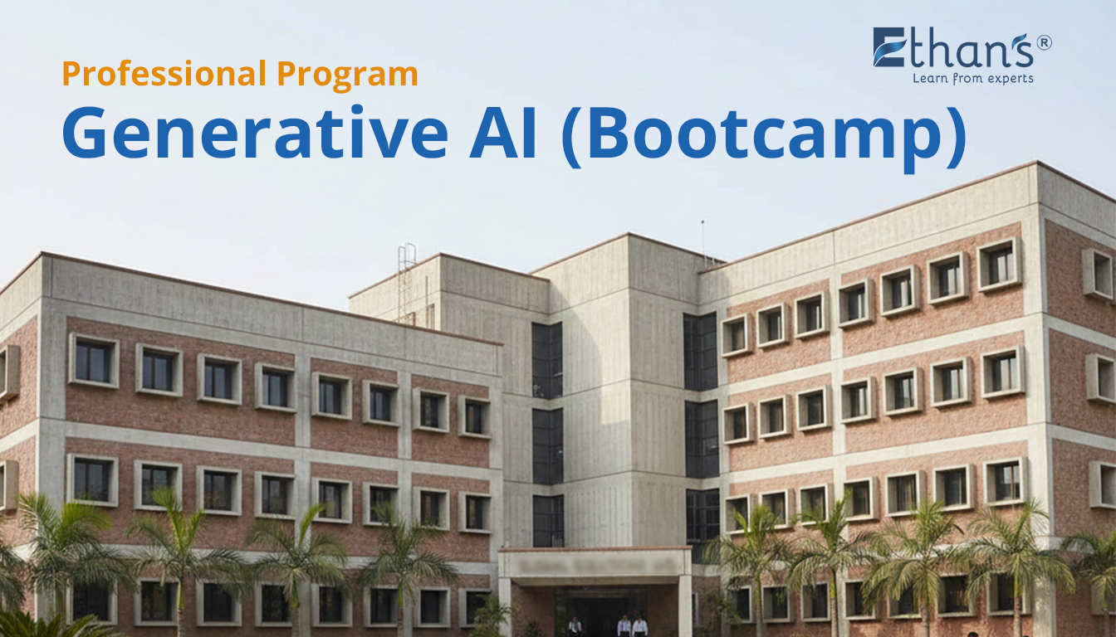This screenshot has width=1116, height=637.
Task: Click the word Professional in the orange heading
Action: [164, 73]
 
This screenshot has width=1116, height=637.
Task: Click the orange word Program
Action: [347, 75]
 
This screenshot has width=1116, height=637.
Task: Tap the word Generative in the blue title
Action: [255, 133]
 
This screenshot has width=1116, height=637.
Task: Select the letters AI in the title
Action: [502, 133]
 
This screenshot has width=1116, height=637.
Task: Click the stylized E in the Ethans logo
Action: [888, 46]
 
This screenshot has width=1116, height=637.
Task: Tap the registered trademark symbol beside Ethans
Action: [1045, 43]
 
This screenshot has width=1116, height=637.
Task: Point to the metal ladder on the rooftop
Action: [406, 283]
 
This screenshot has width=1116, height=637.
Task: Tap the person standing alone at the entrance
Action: [575, 626]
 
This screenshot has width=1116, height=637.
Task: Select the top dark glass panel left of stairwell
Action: [547, 359]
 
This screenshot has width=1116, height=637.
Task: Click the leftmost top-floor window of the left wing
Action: [93, 361]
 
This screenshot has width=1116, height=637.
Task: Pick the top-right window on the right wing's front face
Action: [999, 265]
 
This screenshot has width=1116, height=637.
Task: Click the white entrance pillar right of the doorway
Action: [685, 605]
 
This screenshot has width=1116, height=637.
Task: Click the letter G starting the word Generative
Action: [84, 133]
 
